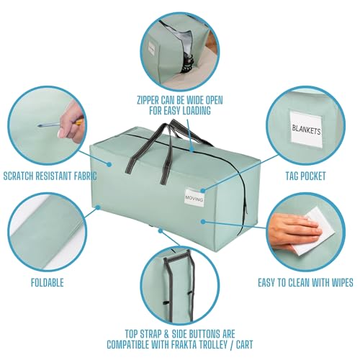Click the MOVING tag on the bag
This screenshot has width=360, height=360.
(194, 197)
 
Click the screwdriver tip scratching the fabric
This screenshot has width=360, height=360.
(40, 125)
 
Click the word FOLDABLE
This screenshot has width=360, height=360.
(48, 282)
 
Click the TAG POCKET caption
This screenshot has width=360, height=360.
(305, 176)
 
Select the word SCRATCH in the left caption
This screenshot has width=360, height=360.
(18, 176)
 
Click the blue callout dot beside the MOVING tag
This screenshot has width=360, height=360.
(203, 190)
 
